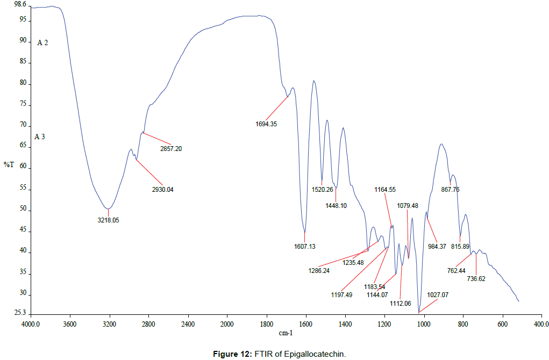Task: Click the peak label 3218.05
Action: [x=108, y=220]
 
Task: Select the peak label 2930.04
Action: [x=163, y=190]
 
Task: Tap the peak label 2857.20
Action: [x=172, y=148]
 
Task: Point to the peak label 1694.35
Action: [x=266, y=124]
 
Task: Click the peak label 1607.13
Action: [x=304, y=246]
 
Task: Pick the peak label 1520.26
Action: [x=323, y=189]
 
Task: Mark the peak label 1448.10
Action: [x=336, y=205]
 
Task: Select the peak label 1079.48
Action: [x=408, y=205]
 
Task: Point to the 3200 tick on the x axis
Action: [x=109, y=324]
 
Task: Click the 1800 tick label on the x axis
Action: [x=266, y=324]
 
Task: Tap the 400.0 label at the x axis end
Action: [x=540, y=324]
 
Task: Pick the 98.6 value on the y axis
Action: [x=20, y=4]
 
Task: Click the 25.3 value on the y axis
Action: [x=20, y=313]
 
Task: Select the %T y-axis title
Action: [x=9, y=164]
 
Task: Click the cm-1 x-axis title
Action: [x=286, y=333]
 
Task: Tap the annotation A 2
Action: [x=42, y=42]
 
